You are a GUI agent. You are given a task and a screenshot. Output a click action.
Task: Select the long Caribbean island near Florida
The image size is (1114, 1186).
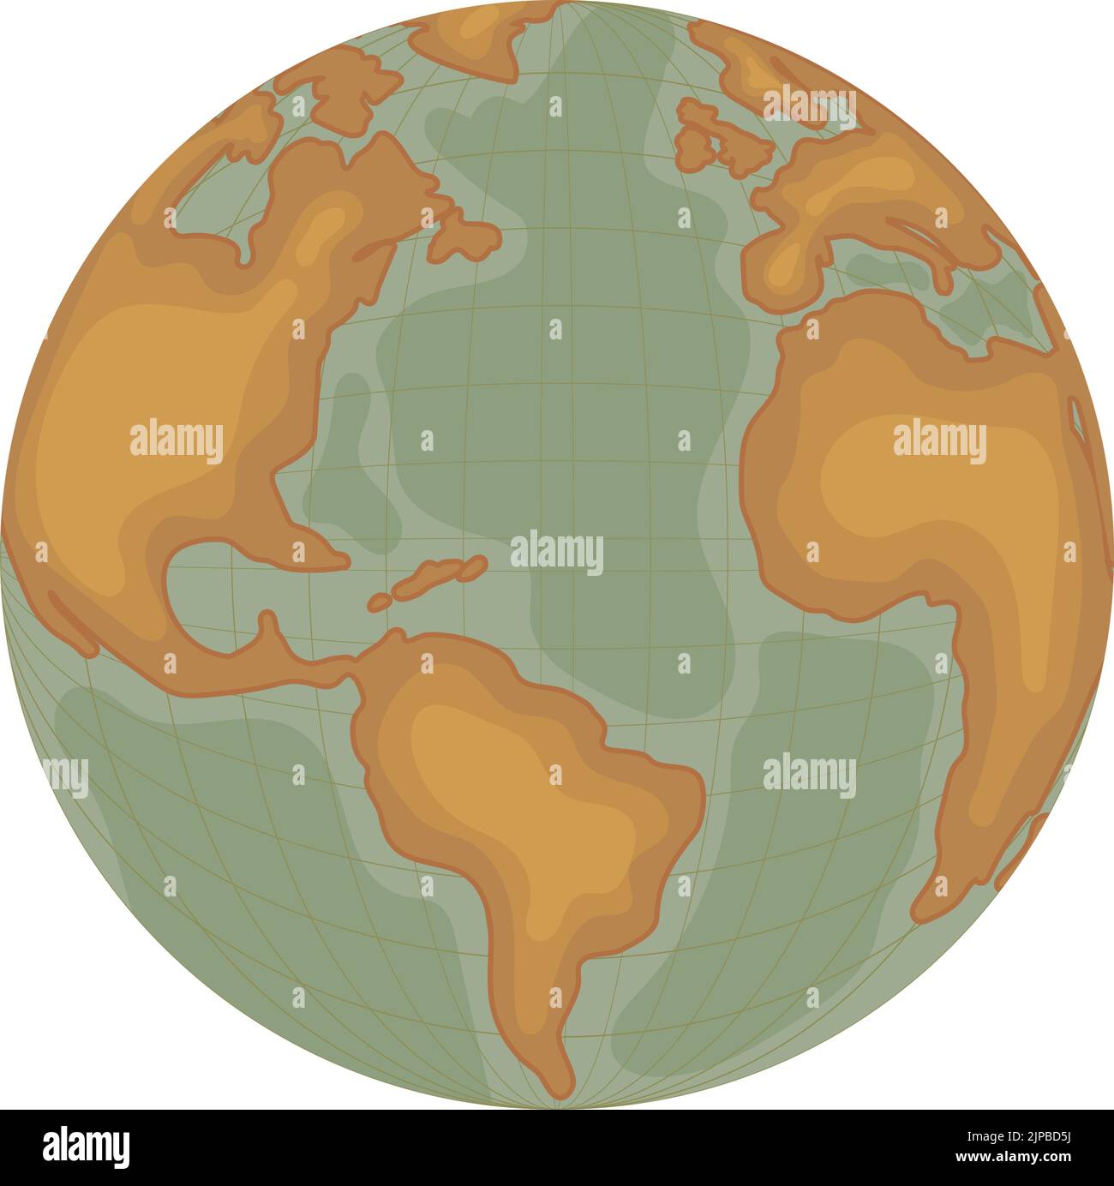pyautogui.click(x=441, y=574)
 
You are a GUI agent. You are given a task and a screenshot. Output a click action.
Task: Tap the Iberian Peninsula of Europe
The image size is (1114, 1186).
pyautogui.click(x=784, y=261)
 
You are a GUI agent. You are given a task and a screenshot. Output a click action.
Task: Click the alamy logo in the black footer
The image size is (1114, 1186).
pyautogui.click(x=86, y=1147)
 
